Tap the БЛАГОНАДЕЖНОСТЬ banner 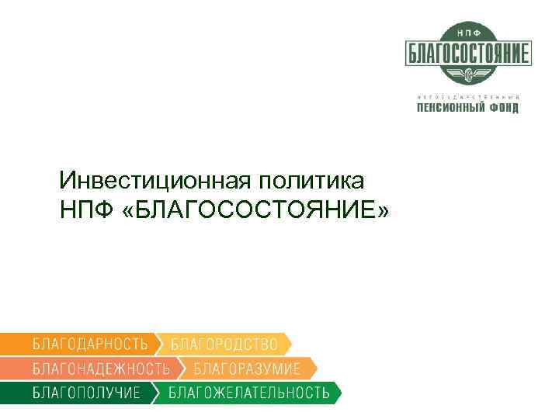pyautogui.click(x=101, y=368)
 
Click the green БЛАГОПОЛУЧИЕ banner pyautogui.click(x=86, y=392)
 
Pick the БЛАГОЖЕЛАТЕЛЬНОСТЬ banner pyautogui.click(x=249, y=392)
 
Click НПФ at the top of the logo pyautogui.click(x=467, y=33)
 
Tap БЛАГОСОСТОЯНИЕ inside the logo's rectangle pyautogui.click(x=467, y=53)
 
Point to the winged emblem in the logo pyautogui.click(x=467, y=74)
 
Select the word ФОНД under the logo pyautogui.click(x=502, y=108)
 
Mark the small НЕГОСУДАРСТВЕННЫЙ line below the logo pyautogui.click(x=467, y=96)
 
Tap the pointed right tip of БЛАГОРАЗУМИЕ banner pyautogui.click(x=316, y=368)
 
